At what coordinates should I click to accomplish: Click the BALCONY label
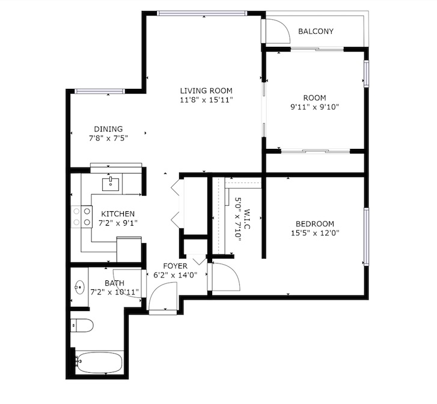pos(316,31)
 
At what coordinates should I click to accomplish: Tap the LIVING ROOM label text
pos(206,91)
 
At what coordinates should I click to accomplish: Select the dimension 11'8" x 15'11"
pos(206,100)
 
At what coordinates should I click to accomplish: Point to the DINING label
pos(108,129)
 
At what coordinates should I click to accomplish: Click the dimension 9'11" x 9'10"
pos(314,107)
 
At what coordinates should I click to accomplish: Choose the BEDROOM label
pos(315,224)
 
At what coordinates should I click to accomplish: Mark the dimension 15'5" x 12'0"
pos(315,233)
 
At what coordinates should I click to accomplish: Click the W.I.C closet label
pos(247,219)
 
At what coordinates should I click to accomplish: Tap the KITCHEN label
pos(118,214)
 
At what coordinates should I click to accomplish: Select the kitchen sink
pos(111,184)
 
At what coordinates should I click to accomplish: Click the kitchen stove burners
pos(81,217)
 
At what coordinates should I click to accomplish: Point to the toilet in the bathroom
pos(82,325)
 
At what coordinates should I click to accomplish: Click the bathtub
pos(99,363)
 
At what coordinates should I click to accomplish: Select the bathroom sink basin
pos(80,286)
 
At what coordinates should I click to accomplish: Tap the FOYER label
pos(176,267)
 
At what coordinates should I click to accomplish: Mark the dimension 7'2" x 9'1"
pos(118,223)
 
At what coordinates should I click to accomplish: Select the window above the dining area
pos(100,91)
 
